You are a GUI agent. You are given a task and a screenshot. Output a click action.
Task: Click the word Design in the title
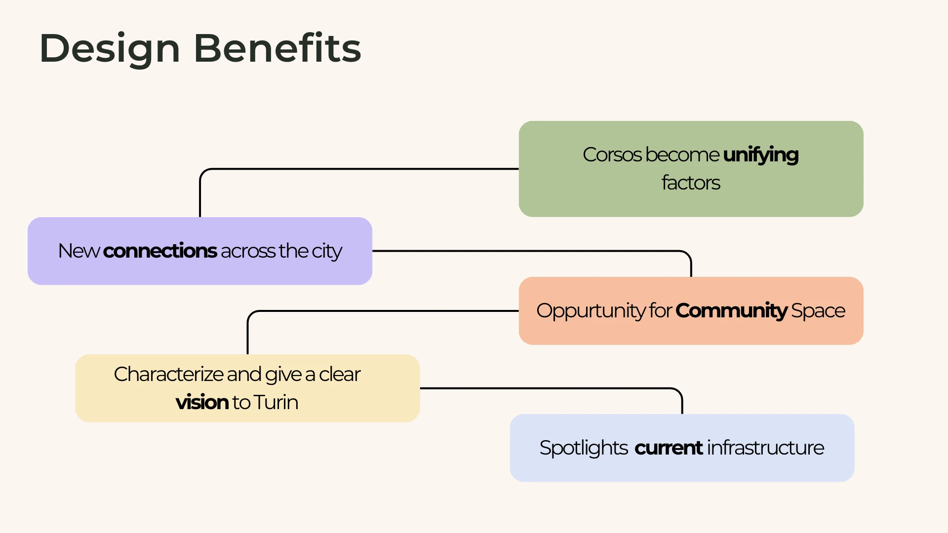click(x=110, y=48)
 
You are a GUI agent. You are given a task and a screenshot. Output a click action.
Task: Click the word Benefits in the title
click(x=277, y=48)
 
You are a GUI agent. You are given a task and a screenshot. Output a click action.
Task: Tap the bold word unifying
click(x=760, y=155)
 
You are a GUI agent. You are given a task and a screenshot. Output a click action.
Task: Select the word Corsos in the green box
click(x=612, y=155)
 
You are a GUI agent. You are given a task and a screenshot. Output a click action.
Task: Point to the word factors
click(x=691, y=183)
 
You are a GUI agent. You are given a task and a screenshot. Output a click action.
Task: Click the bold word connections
click(x=160, y=251)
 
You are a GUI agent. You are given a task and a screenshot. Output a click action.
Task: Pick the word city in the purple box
click(x=326, y=252)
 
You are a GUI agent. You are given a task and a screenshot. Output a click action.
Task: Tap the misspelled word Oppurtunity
click(x=591, y=311)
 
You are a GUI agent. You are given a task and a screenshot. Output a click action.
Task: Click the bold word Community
click(x=731, y=311)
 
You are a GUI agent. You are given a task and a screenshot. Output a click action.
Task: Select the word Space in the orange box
click(x=818, y=311)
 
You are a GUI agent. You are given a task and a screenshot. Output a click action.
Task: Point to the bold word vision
click(x=202, y=403)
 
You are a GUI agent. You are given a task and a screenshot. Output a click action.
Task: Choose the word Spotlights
click(x=583, y=448)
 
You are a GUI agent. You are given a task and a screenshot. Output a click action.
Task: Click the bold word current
click(x=669, y=448)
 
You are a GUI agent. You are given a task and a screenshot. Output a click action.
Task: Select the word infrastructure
click(x=765, y=448)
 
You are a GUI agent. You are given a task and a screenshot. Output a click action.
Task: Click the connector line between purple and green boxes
click(x=355, y=169)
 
